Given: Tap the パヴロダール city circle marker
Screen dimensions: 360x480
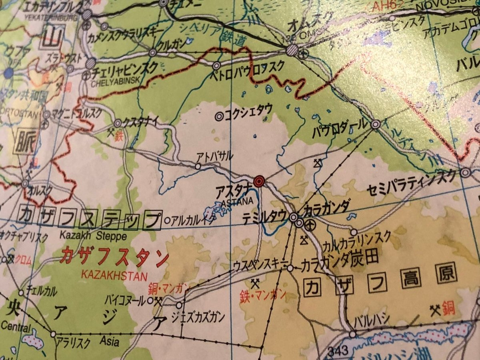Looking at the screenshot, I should (375, 124).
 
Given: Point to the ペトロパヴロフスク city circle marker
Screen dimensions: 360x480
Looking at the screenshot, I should (216, 65).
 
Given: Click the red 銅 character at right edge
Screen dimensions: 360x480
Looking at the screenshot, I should (449, 309).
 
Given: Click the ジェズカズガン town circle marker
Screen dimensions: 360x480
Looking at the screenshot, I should (179, 306).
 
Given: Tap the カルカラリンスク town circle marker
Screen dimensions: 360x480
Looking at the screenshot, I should (354, 232).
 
